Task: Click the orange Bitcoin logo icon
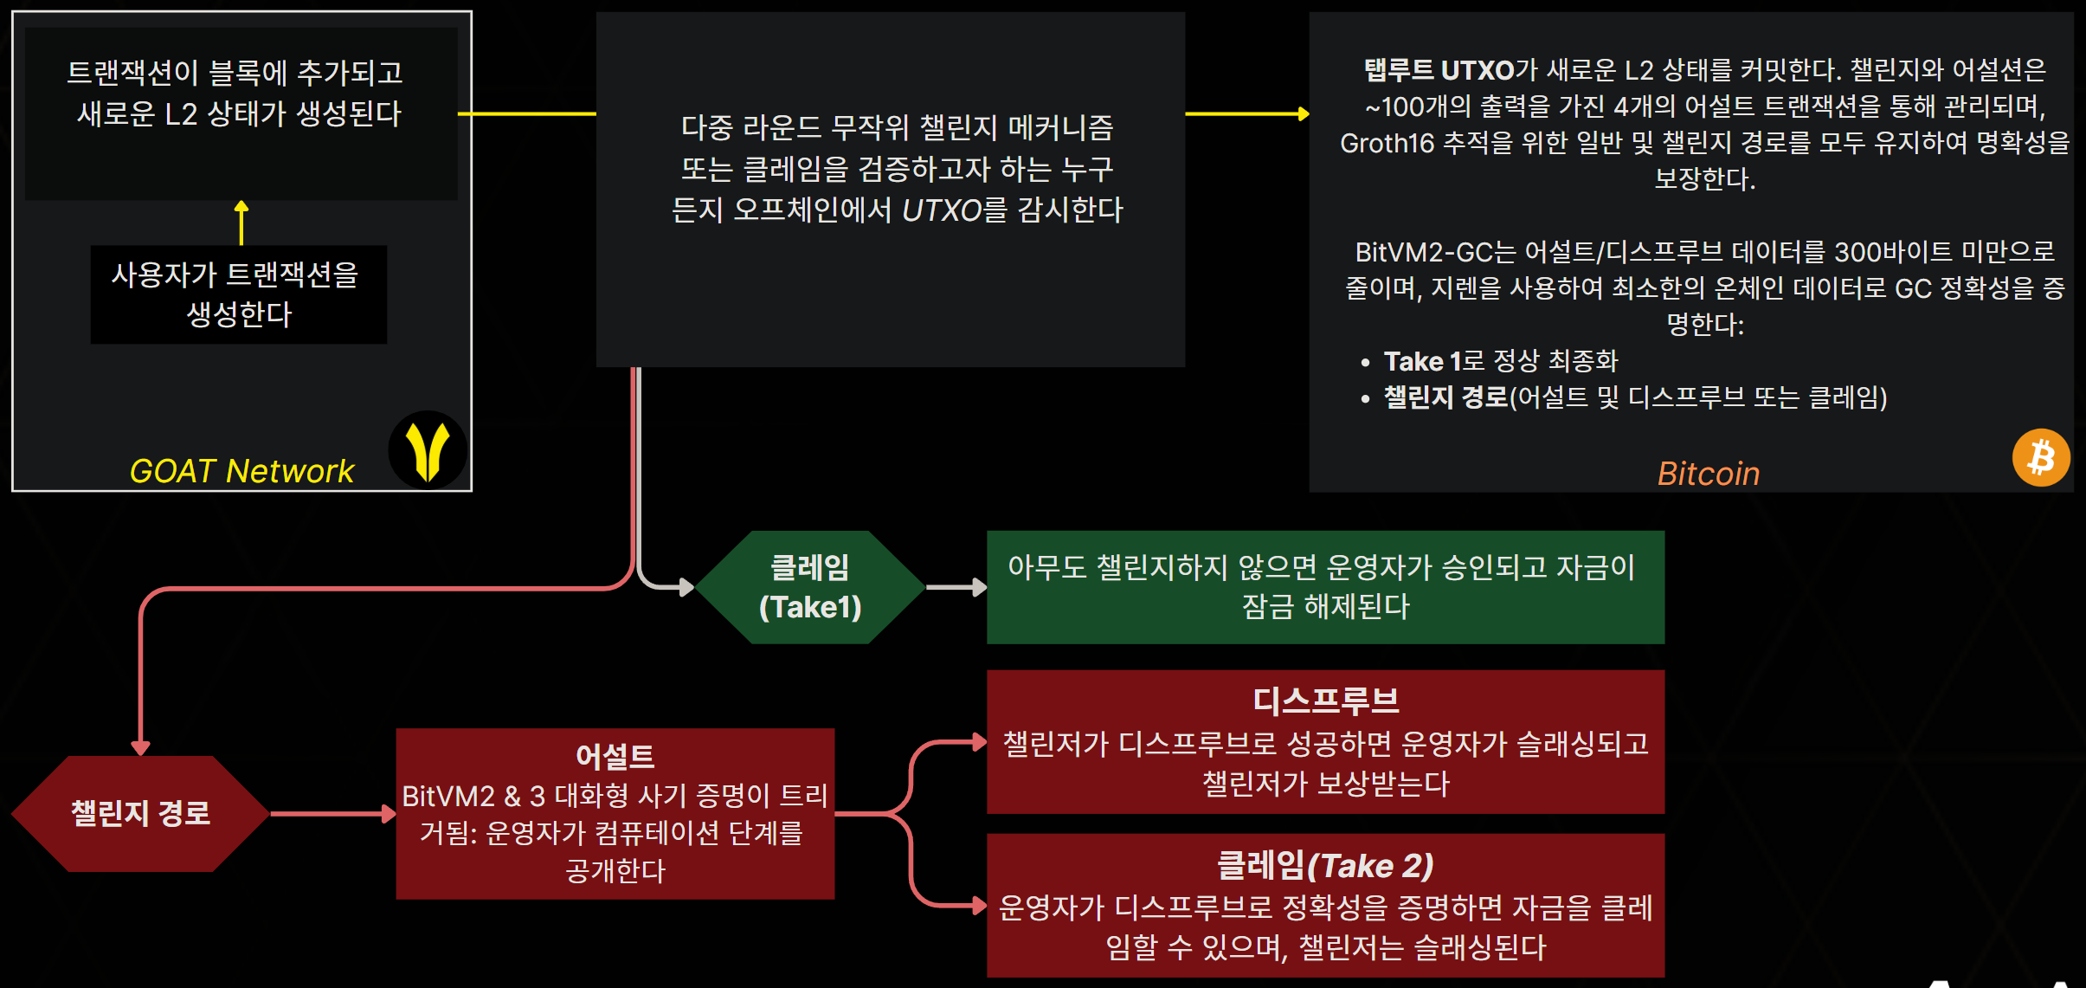pyautogui.click(x=2041, y=457)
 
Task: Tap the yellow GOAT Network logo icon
pyautogui.click(x=428, y=450)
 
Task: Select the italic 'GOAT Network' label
pyautogui.click(x=241, y=471)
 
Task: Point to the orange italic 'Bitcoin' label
pyautogui.click(x=1708, y=474)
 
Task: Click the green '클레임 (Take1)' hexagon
pyautogui.click(x=809, y=587)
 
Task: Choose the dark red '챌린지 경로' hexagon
pyautogui.click(x=140, y=813)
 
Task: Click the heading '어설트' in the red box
pyautogui.click(x=615, y=757)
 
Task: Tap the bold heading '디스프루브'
pyautogui.click(x=1325, y=701)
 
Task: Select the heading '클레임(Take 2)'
pyautogui.click(x=1325, y=865)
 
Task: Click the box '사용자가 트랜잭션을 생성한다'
pyautogui.click(x=238, y=294)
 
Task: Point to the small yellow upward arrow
pyautogui.click(x=241, y=221)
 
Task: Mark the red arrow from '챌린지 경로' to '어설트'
pyautogui.click(x=332, y=814)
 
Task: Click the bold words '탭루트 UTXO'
pyautogui.click(x=1439, y=70)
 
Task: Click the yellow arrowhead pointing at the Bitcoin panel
pyautogui.click(x=1303, y=113)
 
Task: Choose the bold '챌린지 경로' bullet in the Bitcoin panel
pyautogui.click(x=1445, y=397)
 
